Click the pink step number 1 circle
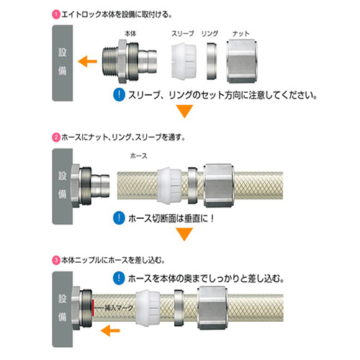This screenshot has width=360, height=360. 55,14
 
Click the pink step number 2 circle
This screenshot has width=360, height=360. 55,138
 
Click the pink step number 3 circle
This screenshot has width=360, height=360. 55,260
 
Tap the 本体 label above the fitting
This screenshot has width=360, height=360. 130,33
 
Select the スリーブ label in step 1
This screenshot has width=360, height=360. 182,33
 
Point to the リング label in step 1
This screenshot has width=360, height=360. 210,33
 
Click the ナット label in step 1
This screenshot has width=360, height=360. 240,34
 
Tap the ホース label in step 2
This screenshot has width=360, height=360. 138,156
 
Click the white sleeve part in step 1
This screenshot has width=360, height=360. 184,60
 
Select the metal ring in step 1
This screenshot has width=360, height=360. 212,61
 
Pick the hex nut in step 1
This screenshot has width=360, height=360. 241,61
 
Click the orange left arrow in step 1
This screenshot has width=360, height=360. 87,61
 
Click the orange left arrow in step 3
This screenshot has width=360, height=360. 110,330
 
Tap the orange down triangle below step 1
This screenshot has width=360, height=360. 184,111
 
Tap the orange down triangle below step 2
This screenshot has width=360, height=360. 184,234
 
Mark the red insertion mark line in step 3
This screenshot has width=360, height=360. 93,307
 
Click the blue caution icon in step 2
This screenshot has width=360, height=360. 119,218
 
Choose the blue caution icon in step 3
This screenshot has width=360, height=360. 119,279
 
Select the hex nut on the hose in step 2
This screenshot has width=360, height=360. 219,186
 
